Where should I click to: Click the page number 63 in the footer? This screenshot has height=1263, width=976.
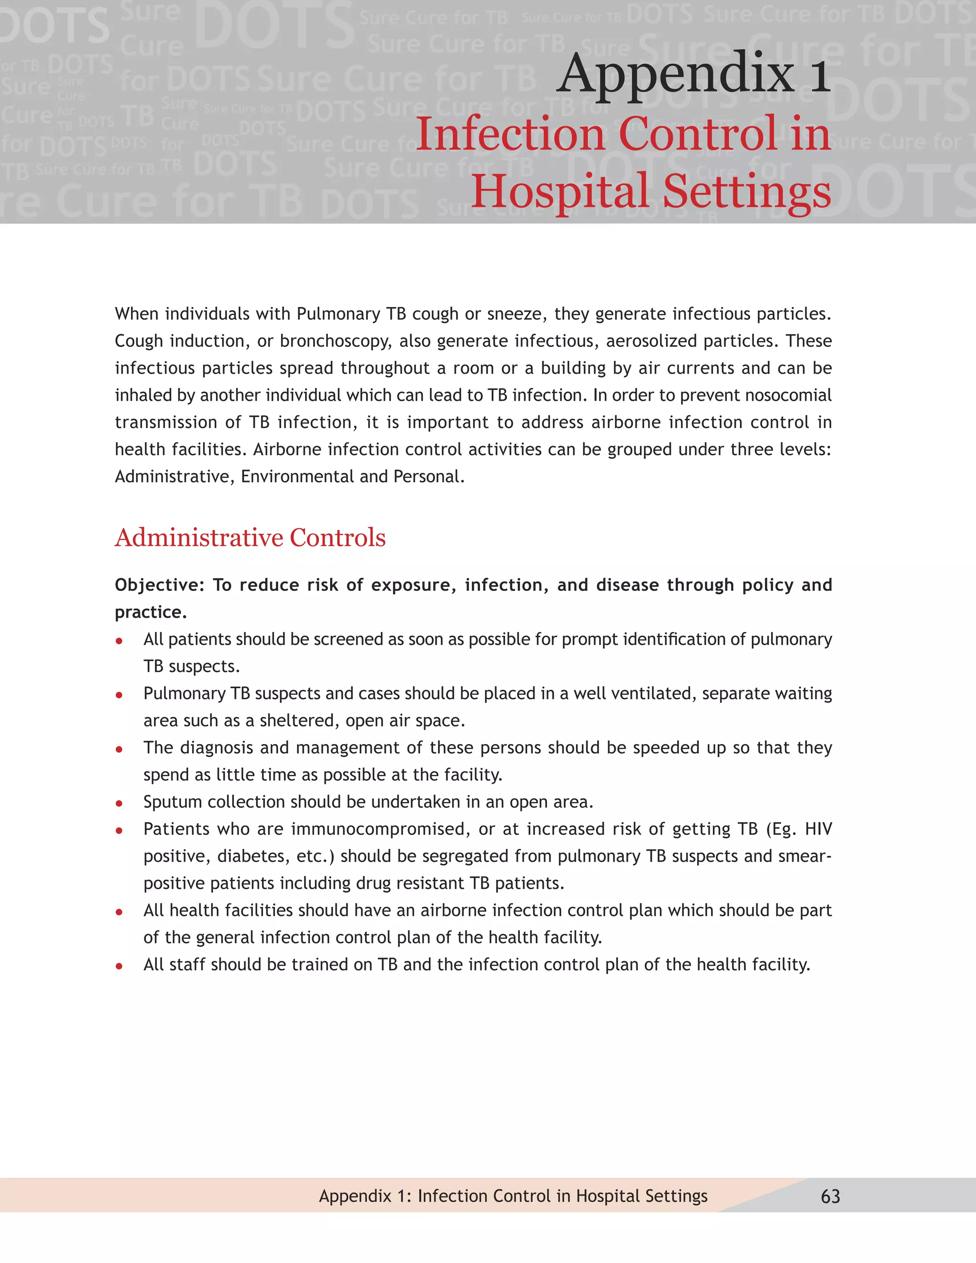(830, 1196)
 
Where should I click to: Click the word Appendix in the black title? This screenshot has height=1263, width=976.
(675, 74)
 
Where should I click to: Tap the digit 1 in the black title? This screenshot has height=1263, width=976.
(820, 74)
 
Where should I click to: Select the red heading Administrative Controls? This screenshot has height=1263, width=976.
(250, 537)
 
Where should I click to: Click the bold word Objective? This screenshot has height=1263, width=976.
(160, 585)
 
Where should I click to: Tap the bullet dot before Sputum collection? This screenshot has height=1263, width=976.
(119, 803)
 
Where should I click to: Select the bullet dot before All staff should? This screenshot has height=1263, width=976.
(119, 966)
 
